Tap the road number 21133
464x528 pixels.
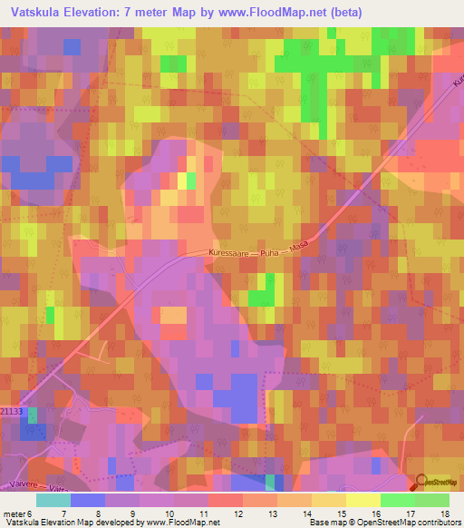pos(11,412)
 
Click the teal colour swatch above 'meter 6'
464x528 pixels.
pos(53,500)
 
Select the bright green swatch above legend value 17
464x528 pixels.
pos(398,500)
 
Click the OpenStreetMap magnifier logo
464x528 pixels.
pos(420,484)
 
